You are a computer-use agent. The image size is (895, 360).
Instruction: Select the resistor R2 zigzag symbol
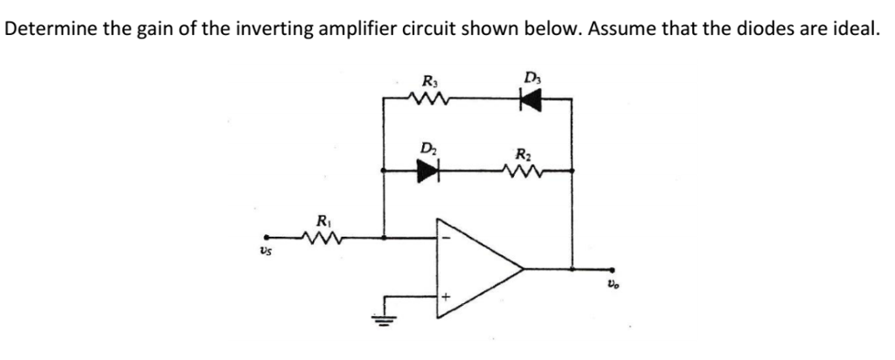point(525,170)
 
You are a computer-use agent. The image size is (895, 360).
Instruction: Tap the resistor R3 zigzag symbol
point(431,99)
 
